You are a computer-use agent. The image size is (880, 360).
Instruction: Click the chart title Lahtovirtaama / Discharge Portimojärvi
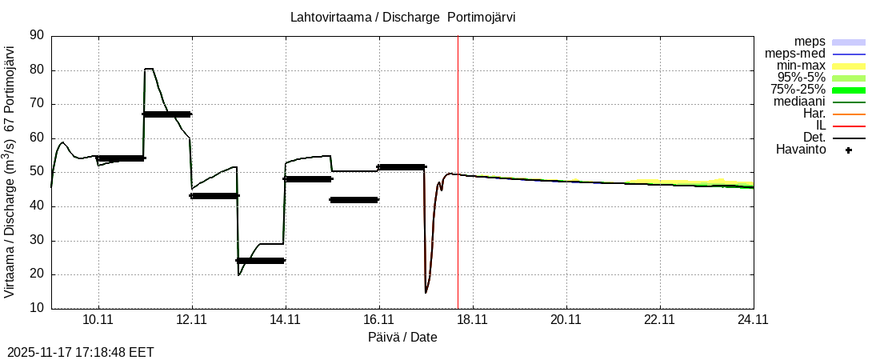402,18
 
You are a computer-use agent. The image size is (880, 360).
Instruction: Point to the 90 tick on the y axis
37,35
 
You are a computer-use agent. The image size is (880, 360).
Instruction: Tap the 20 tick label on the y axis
37,274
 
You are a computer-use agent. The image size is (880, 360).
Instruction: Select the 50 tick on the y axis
37,172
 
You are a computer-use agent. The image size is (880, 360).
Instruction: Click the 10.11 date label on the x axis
98,320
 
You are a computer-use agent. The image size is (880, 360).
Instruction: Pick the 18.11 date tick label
472,320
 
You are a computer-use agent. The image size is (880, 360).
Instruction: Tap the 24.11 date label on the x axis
753,320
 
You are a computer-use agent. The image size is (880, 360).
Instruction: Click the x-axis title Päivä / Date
402,337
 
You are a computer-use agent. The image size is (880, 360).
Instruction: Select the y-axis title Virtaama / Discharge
10,172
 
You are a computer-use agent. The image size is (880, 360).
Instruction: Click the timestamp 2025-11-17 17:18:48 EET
81,352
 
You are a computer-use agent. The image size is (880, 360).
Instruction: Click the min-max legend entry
801,66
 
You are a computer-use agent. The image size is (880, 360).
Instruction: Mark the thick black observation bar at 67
167,114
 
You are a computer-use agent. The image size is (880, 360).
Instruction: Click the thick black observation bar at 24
261,261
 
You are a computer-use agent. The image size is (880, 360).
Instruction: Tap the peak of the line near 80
149,69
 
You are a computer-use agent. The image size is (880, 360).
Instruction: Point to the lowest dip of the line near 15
426,292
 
